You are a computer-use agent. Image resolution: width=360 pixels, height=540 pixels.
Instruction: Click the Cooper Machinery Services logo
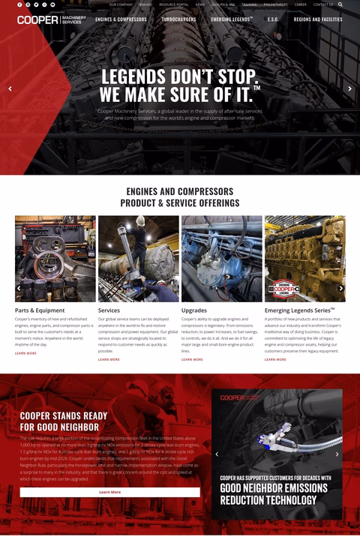point(52,19)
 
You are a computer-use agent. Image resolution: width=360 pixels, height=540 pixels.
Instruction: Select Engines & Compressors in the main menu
point(121,19)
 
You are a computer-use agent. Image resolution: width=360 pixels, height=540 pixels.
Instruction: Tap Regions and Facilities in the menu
point(318,19)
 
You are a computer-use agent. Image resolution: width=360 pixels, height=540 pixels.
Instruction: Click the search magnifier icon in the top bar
point(340,4)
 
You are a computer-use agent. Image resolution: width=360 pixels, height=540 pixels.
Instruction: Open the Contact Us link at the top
point(323,4)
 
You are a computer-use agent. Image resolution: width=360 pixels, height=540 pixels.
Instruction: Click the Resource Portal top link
point(174,4)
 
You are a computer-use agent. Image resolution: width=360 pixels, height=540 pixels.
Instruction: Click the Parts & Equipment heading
point(40,310)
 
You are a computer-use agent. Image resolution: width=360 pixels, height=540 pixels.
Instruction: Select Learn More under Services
point(109,359)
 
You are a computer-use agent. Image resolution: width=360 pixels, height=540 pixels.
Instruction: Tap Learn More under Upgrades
point(192,359)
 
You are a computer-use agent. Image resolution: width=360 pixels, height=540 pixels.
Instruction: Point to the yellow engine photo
point(304,259)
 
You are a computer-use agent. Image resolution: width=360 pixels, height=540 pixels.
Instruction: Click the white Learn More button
point(109,492)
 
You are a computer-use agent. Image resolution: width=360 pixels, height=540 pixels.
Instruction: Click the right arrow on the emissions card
point(337,454)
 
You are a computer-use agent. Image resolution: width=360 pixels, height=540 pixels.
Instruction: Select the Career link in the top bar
point(301,4)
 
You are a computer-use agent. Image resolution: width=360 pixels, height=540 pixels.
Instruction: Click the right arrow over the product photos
point(341,288)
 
